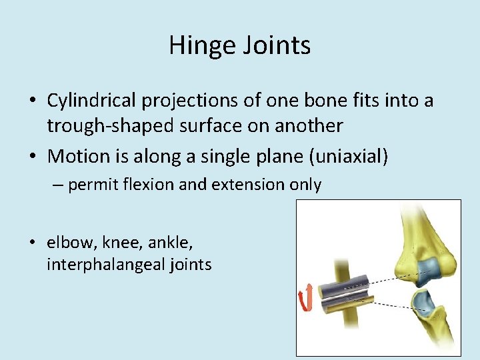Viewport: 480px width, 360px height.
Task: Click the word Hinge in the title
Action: pyautogui.click(x=198, y=45)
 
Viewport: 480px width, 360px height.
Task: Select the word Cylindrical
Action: pyautogui.click(x=91, y=101)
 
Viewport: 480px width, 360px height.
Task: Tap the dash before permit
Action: pyautogui.click(x=58, y=185)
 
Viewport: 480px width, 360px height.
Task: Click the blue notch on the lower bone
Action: pyautogui.click(x=423, y=301)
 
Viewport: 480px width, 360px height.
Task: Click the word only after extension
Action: pyautogui.click(x=303, y=185)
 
